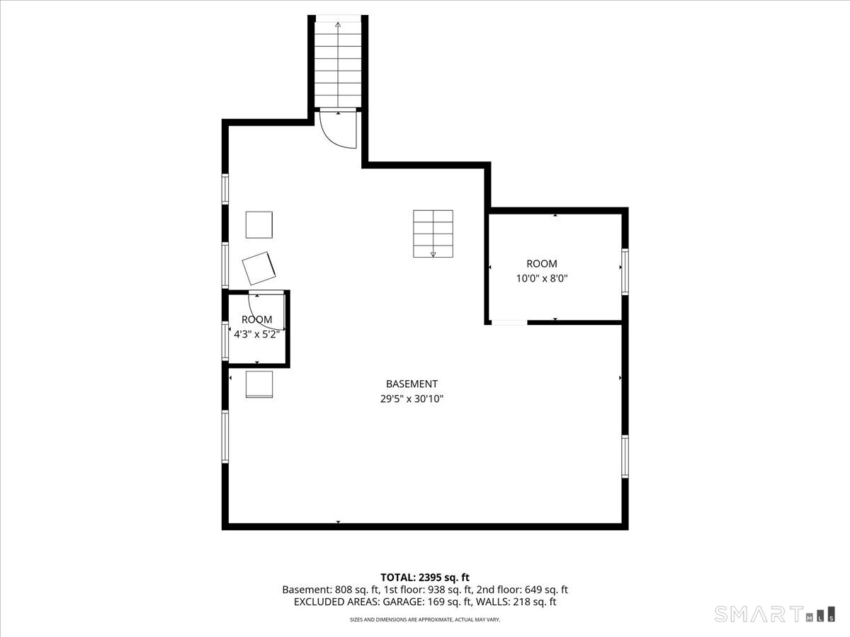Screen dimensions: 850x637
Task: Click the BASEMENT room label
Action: pyautogui.click(x=412, y=384)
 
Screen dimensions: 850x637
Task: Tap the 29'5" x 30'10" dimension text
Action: pyautogui.click(x=412, y=398)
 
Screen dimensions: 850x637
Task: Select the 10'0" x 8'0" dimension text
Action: pyautogui.click(x=542, y=278)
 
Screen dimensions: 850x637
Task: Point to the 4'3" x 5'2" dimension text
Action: pyautogui.click(x=256, y=334)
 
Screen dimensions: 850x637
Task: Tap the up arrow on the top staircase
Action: pyautogui.click(x=338, y=64)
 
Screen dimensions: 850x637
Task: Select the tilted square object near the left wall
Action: pyautogui.click(x=259, y=268)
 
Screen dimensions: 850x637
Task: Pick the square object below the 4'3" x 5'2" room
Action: pyautogui.click(x=259, y=384)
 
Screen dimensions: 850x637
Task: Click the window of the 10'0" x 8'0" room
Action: pyautogui.click(x=625, y=272)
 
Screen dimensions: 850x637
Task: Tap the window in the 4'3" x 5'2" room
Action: pyautogui.click(x=225, y=341)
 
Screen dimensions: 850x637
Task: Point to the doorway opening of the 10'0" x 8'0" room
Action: pyautogui.click(x=509, y=323)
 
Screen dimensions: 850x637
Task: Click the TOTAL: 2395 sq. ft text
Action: pyautogui.click(x=425, y=578)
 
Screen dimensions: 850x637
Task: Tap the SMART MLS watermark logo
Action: pyautogui.click(x=774, y=614)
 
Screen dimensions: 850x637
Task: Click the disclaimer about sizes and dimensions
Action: pyautogui.click(x=425, y=619)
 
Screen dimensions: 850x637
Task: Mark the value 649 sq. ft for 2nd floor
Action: pyautogui.click(x=546, y=590)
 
